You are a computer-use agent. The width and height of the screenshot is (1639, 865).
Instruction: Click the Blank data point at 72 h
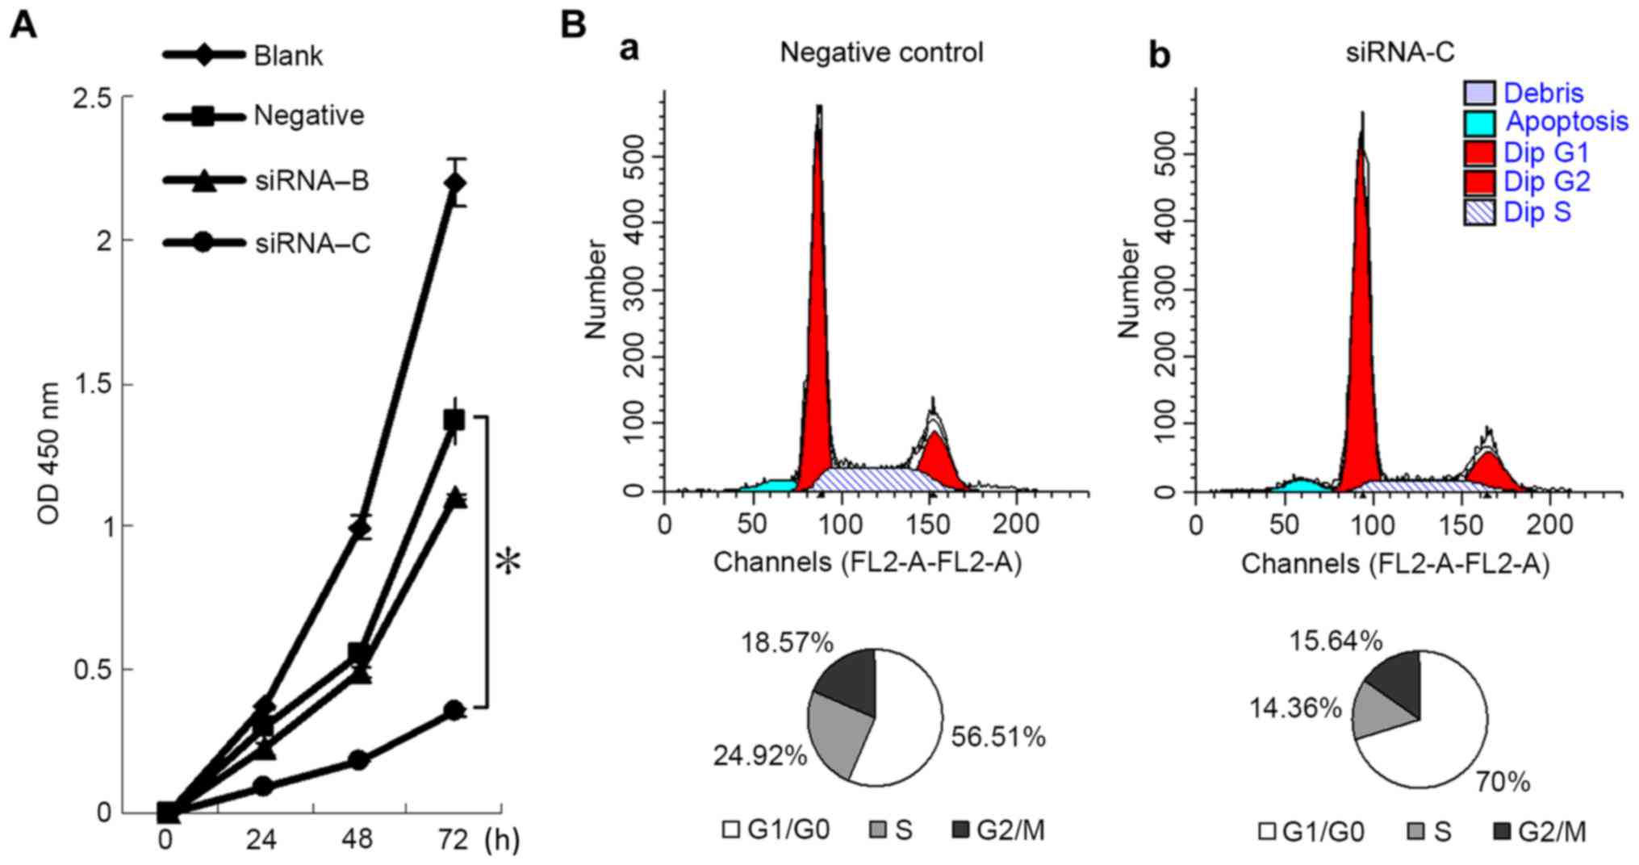click(x=455, y=183)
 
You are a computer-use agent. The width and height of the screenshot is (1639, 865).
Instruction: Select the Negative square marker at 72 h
click(x=454, y=420)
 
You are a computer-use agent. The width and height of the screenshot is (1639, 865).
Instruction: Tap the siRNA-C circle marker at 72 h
click(x=455, y=710)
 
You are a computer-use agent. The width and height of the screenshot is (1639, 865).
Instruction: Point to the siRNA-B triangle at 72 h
click(x=456, y=498)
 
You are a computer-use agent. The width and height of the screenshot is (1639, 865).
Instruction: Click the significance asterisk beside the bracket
click(x=508, y=562)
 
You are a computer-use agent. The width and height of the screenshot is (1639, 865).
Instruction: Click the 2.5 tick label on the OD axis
click(x=92, y=98)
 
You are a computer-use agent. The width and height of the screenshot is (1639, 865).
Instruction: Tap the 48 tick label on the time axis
click(x=357, y=841)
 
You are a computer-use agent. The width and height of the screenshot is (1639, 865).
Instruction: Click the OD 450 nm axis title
click(x=49, y=453)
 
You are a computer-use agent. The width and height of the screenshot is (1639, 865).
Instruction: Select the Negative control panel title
click(x=881, y=53)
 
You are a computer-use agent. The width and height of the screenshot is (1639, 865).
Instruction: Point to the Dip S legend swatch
click(x=1479, y=212)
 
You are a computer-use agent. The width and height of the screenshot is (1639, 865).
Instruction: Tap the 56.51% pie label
click(x=998, y=737)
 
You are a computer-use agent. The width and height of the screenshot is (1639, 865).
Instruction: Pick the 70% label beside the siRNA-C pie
click(x=1503, y=782)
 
